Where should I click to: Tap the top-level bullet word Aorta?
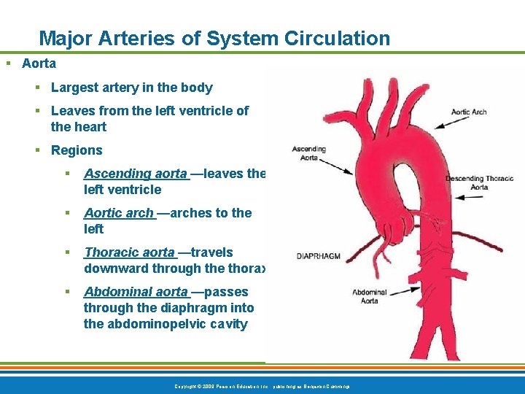(39, 63)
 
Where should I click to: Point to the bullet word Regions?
(77, 150)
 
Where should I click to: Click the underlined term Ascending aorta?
(136, 174)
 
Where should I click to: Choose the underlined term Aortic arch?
(119, 213)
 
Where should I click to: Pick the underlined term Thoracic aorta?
(130, 252)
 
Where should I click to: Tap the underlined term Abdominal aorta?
(136, 292)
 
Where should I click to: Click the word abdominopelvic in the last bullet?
(144, 324)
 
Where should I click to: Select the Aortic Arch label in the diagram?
(468, 112)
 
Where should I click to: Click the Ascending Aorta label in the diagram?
(308, 153)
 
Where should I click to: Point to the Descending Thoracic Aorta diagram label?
(479, 182)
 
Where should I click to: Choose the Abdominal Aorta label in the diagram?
(370, 296)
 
